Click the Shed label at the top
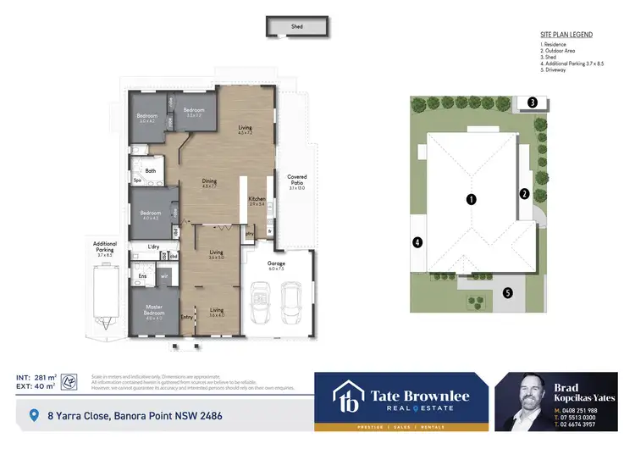click(x=297, y=27)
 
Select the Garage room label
click(x=277, y=264)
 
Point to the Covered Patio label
click(x=296, y=180)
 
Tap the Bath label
click(x=151, y=171)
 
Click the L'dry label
click(x=154, y=247)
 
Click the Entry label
click(x=186, y=318)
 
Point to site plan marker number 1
click(x=472, y=199)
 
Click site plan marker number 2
click(x=524, y=194)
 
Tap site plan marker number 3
click(x=532, y=103)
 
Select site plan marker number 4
click(x=417, y=242)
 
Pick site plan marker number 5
click(x=507, y=293)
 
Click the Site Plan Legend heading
click(x=566, y=35)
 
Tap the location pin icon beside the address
click(x=34, y=415)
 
